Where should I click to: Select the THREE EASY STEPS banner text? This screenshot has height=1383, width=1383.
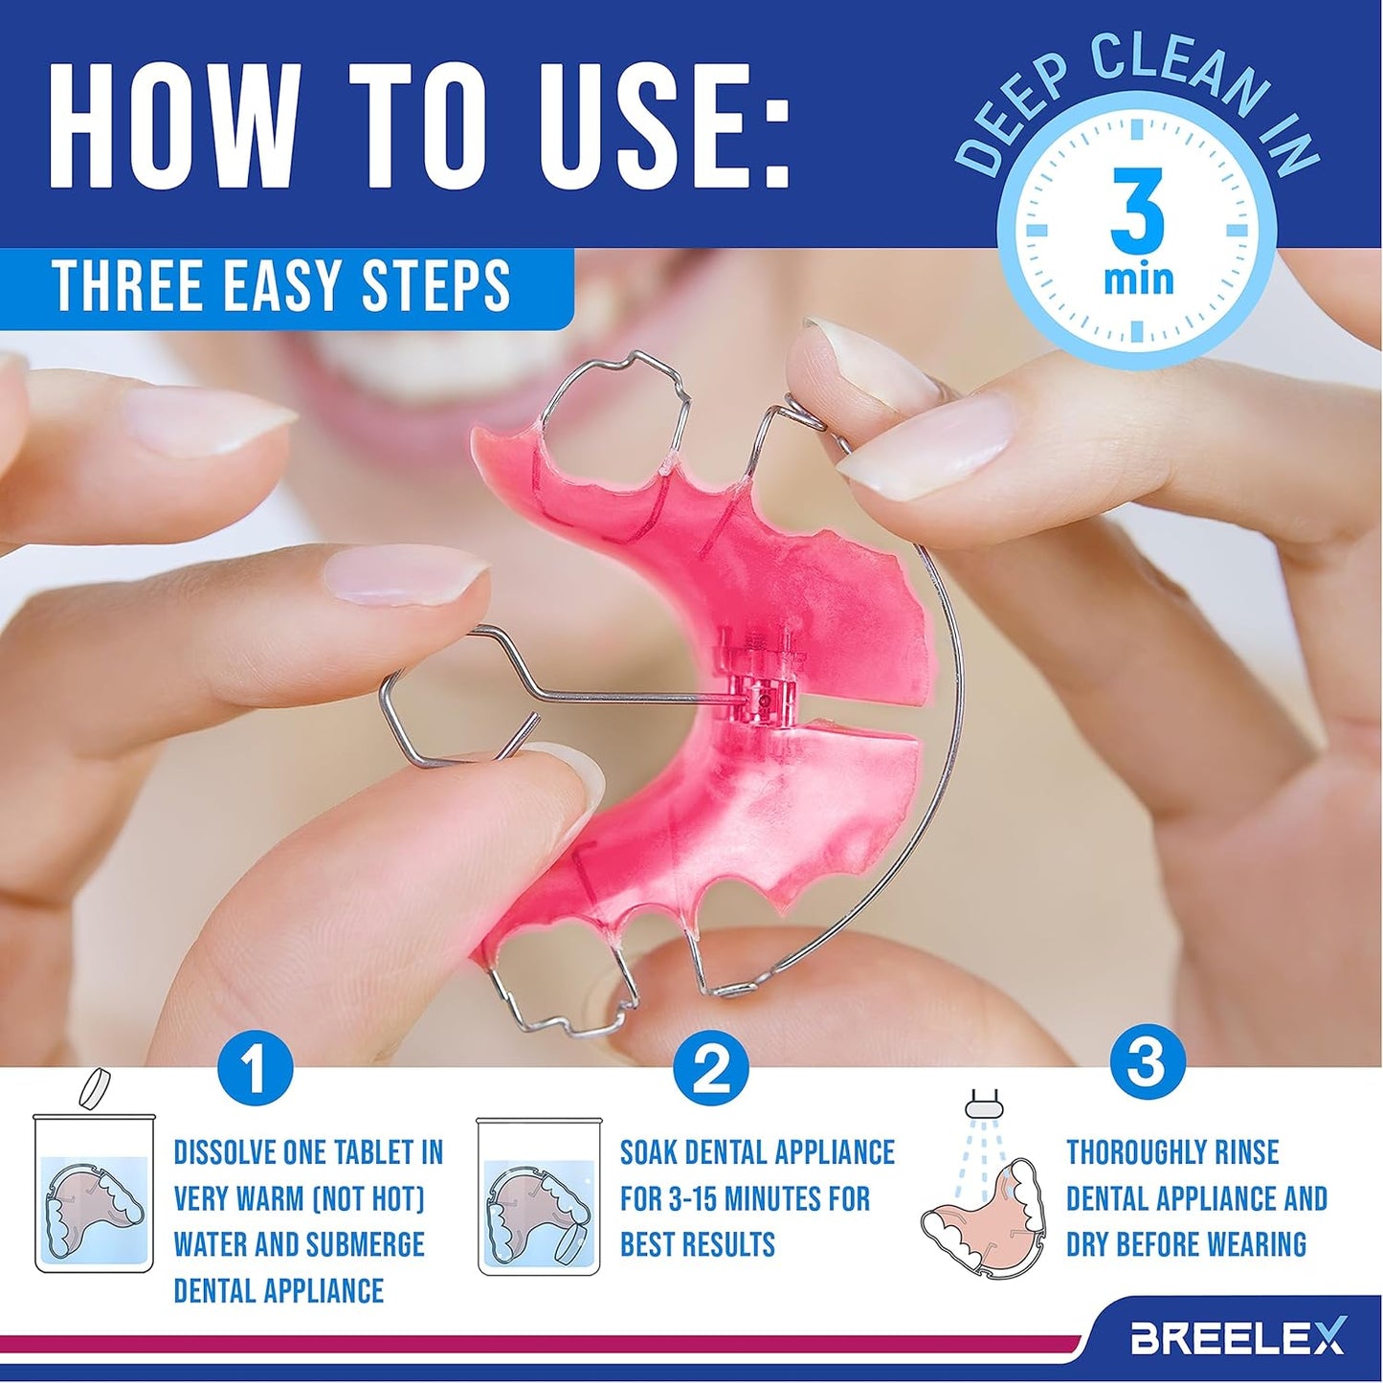coord(281,286)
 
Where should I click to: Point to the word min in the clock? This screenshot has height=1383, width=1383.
coord(1138,279)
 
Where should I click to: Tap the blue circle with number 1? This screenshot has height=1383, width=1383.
coord(254,1069)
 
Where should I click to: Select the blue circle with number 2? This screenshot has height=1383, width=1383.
coord(710,1069)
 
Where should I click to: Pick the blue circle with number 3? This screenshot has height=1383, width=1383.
coord(1147,1061)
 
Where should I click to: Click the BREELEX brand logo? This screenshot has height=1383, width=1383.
coord(1238,1336)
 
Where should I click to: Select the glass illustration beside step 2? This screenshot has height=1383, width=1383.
coord(538,1196)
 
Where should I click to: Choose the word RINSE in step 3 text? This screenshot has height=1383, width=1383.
coord(1247,1152)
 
